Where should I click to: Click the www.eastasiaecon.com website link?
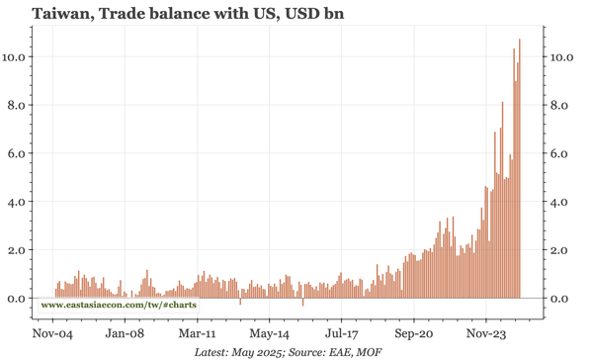click(x=119, y=306)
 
